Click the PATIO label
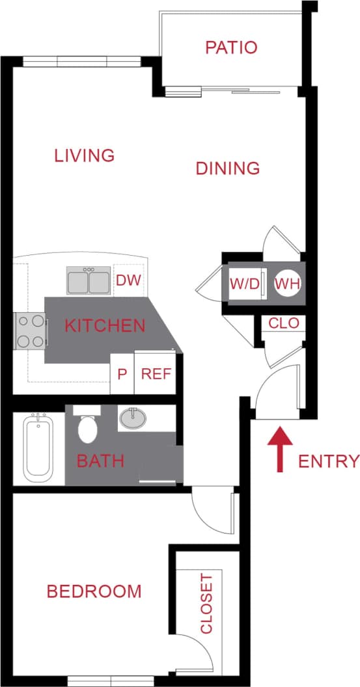[231, 47]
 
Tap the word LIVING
[85, 155]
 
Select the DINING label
[228, 168]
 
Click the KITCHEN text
[105, 325]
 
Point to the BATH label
[100, 461]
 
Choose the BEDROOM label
[94, 591]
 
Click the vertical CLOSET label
[206, 603]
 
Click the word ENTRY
[328, 461]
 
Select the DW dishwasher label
[129, 281]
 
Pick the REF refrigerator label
[156, 374]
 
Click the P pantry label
[122, 374]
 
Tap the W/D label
[244, 284]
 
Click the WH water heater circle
[286, 284]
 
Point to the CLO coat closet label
[283, 323]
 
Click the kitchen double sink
[89, 281]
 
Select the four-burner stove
[30, 330]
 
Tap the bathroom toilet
[86, 426]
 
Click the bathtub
[38, 449]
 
